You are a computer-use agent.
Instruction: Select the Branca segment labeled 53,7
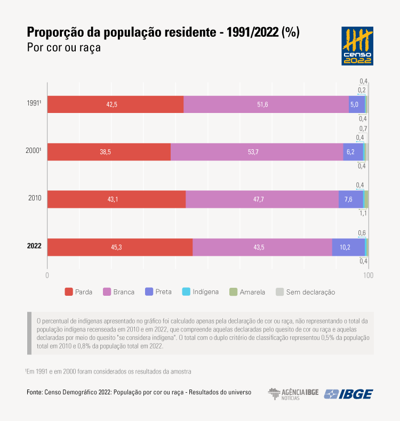tap(257, 152)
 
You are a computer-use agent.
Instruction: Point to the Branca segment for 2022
tap(262, 247)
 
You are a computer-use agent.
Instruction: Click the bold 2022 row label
tap(34, 247)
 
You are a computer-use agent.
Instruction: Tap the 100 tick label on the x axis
tap(367, 275)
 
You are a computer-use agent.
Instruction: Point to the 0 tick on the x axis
tap(47, 275)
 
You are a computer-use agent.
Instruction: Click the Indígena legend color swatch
tap(186, 292)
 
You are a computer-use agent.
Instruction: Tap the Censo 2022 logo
tap(357, 46)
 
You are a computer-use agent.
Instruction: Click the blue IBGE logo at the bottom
tap(349, 394)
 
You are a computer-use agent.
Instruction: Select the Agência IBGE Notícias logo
tap(293, 394)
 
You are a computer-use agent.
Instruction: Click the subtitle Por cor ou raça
tap(63, 47)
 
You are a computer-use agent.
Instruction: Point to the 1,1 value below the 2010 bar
tap(363, 213)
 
